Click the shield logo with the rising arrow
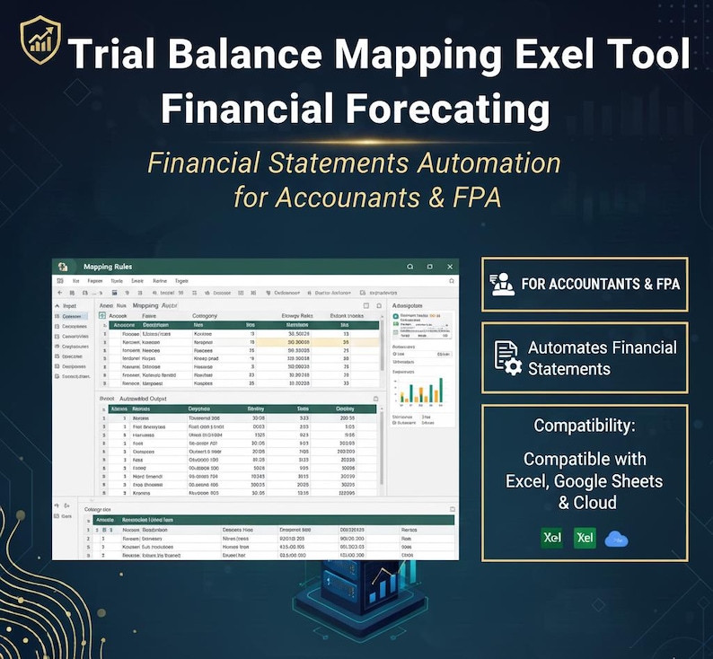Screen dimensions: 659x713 coord(40,40)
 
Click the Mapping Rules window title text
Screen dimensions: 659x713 coord(110,267)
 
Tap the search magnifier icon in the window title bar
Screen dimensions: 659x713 coord(409,267)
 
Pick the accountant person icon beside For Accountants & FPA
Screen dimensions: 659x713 coord(501,284)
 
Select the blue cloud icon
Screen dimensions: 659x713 coord(617,538)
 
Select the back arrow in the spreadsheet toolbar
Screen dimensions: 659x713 coord(60,293)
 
